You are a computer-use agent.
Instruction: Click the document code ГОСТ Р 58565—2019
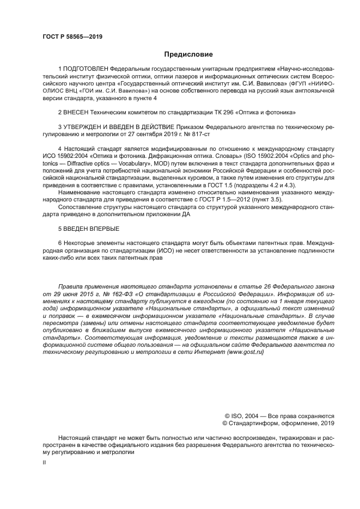72,37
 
